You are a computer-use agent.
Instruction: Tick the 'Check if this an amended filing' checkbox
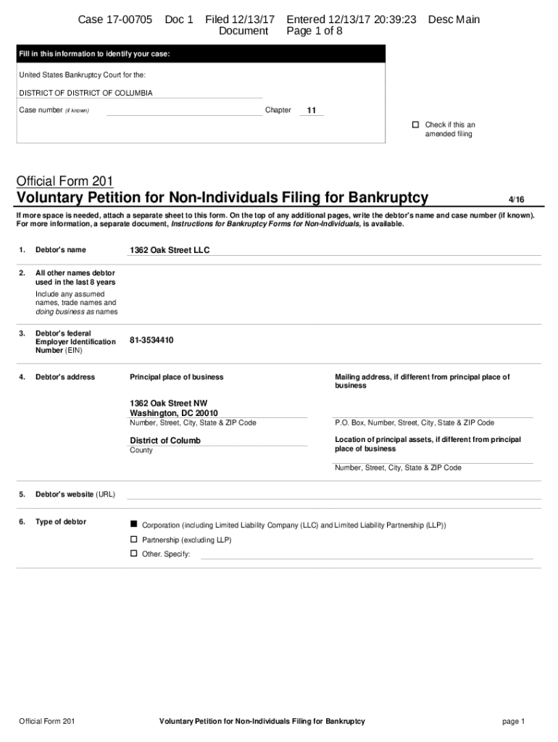pos(415,125)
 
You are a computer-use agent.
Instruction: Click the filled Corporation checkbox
pos(133,524)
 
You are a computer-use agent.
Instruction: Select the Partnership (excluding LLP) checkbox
pos(133,540)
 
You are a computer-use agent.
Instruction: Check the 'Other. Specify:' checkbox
pos(133,554)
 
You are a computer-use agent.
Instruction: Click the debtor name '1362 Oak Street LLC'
pos(170,250)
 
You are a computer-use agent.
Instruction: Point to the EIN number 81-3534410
pos(151,340)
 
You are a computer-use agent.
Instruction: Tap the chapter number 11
pos(311,111)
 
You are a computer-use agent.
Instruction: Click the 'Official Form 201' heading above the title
pos(65,180)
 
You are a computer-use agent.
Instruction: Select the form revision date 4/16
pos(516,199)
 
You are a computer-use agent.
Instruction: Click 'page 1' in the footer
pos(512,721)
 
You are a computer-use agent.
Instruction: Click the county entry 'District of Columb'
pos(165,441)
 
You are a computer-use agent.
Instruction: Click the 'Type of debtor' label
pos(61,522)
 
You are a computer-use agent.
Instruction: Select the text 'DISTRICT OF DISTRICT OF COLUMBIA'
pos(86,93)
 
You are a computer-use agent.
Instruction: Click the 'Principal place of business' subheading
pos(176,377)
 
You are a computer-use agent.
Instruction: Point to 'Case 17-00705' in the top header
pos(115,20)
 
